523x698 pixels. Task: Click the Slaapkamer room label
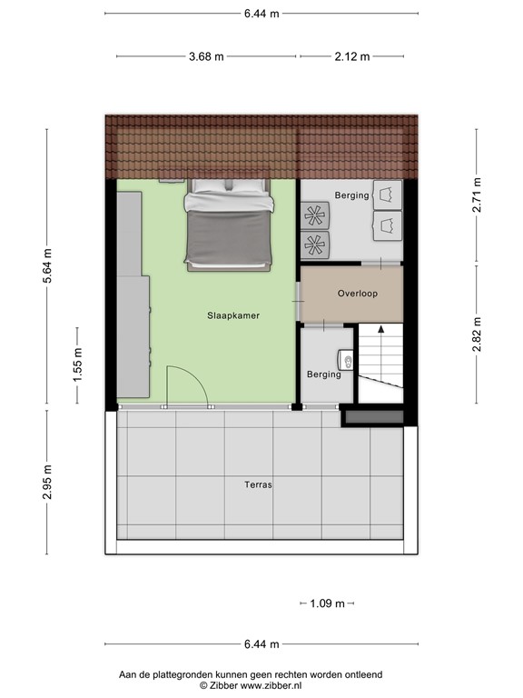(x=233, y=315)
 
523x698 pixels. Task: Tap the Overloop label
(x=357, y=294)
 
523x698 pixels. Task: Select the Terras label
(x=258, y=484)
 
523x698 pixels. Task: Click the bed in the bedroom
(x=229, y=224)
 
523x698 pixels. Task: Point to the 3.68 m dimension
(x=206, y=56)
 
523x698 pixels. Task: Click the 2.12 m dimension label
(x=351, y=56)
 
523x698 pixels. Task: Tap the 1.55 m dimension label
(x=77, y=364)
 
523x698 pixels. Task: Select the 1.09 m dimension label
(x=327, y=603)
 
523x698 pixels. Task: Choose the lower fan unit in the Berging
(x=316, y=244)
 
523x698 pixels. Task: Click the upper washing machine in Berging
(x=389, y=194)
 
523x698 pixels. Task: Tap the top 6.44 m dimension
(x=261, y=14)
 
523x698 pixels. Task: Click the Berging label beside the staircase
(x=324, y=374)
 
